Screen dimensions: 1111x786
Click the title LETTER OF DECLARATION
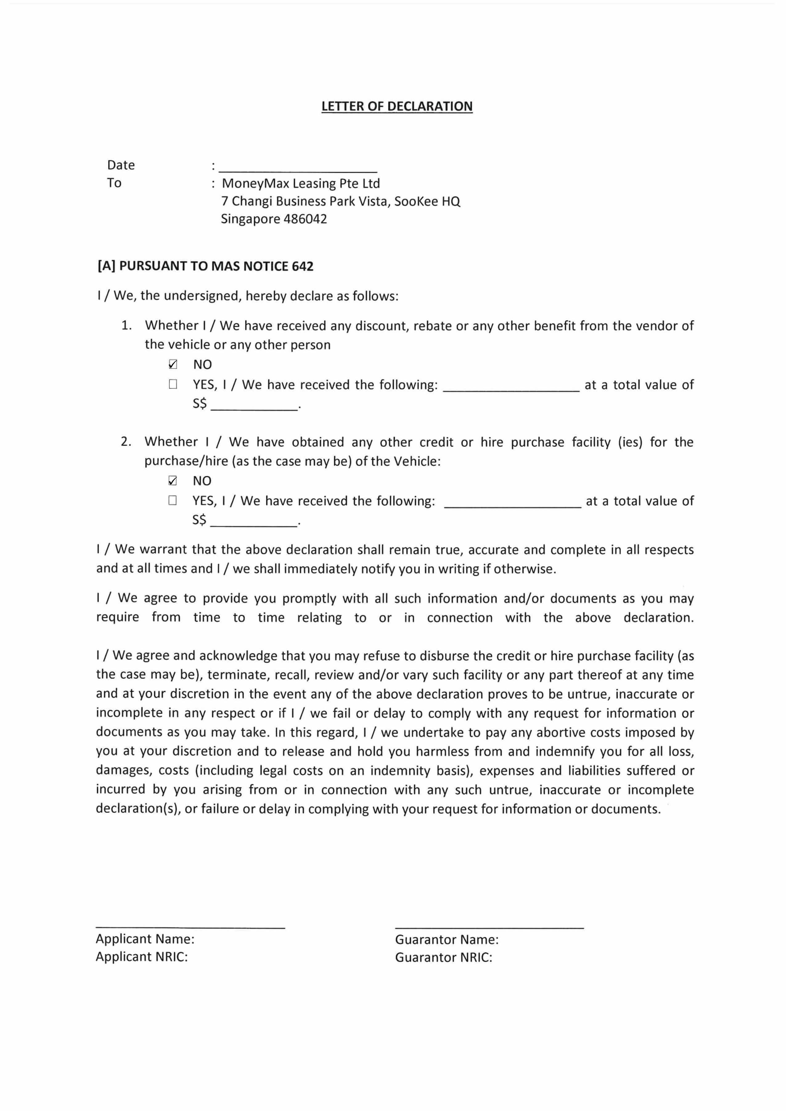(397, 107)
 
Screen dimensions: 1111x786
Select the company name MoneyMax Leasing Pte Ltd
(301, 183)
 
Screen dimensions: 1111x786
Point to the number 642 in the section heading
(302, 266)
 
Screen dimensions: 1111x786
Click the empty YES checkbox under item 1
(173, 384)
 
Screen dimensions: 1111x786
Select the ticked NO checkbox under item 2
(172, 481)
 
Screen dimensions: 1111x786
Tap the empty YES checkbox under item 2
(172, 500)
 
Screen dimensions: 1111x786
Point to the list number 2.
(126, 442)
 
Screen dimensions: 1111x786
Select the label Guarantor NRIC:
(443, 958)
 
